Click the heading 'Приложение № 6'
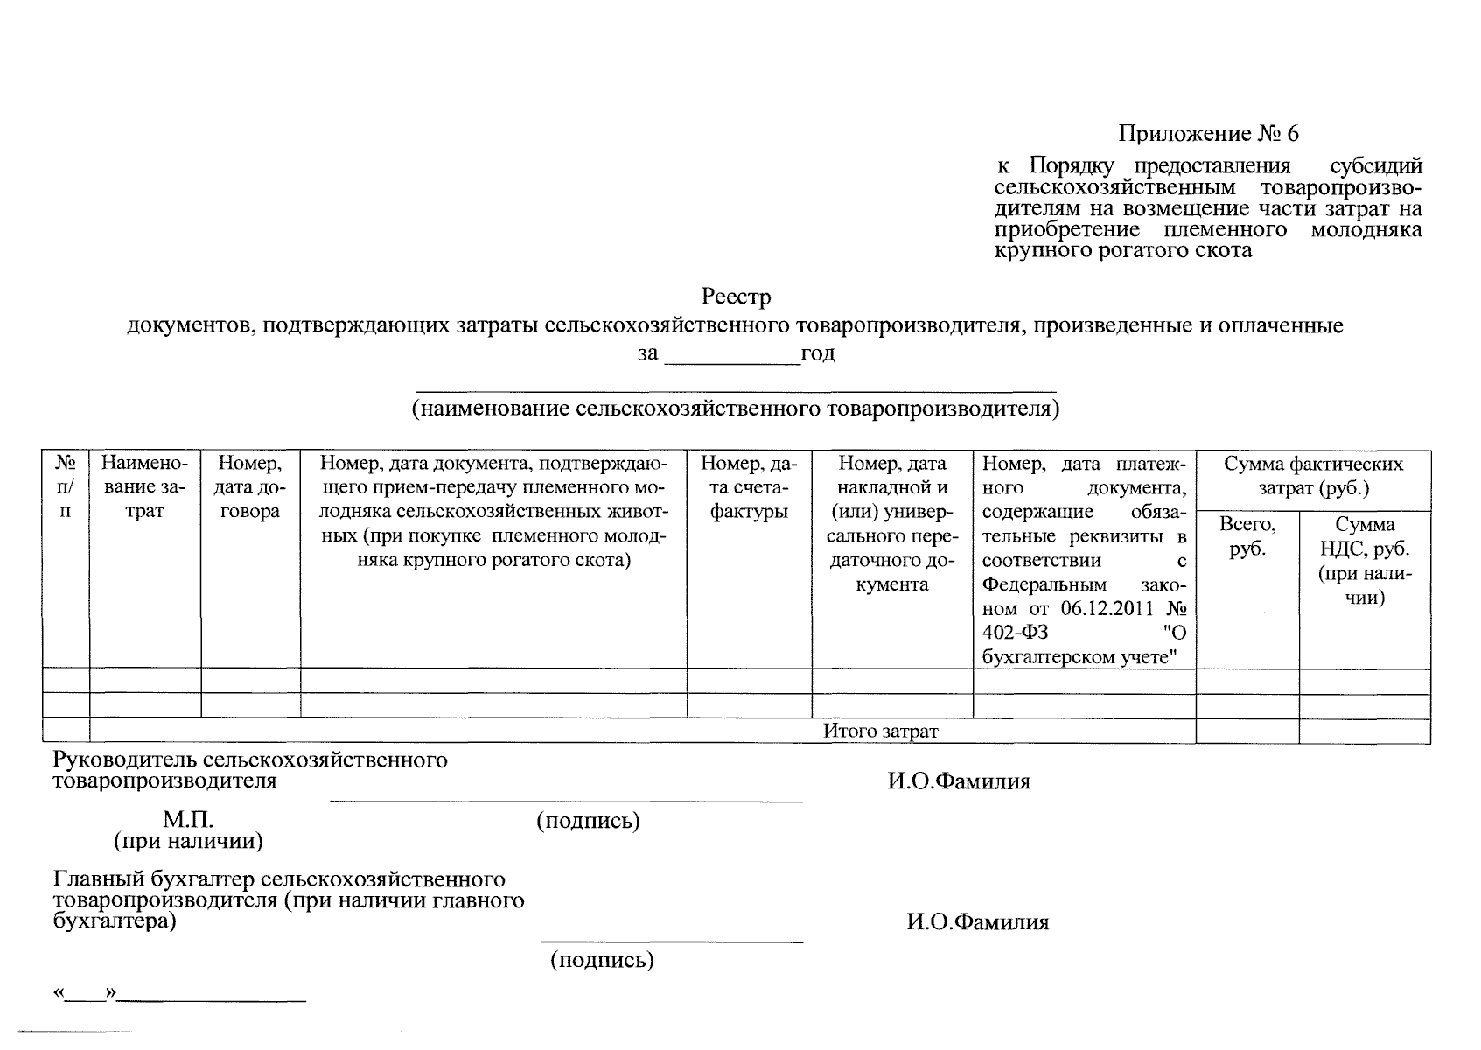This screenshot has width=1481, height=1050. (x=1208, y=134)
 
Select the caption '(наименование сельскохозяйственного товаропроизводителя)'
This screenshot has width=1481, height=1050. (x=736, y=409)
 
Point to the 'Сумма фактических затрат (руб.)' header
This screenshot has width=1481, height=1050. (x=1312, y=476)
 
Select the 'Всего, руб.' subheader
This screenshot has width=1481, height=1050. (x=1247, y=536)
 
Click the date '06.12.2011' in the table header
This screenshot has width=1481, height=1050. (x=1107, y=609)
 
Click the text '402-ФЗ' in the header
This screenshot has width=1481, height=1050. (x=1015, y=633)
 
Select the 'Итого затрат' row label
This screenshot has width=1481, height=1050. (x=880, y=731)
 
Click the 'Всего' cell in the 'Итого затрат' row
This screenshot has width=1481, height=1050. (x=1247, y=731)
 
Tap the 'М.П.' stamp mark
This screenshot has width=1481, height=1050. (x=188, y=821)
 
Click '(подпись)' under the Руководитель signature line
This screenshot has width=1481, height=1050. (x=588, y=821)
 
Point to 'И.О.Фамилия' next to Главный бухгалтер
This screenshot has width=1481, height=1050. (x=977, y=921)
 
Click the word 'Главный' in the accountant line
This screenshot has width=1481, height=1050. (x=94, y=879)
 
